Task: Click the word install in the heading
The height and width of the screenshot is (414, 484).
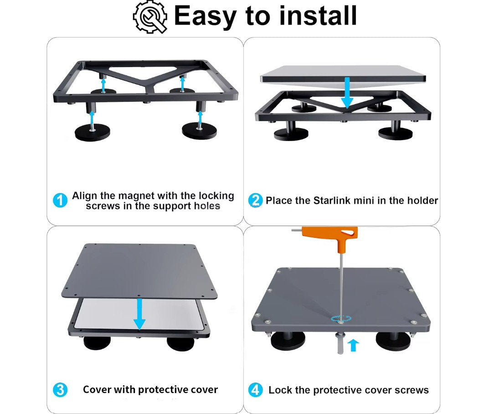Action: [x=318, y=16]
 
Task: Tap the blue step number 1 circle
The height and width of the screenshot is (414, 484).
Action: [x=60, y=201]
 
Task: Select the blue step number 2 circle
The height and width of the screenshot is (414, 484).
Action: [x=255, y=200]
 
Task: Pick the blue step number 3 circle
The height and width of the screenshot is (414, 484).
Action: [x=60, y=390]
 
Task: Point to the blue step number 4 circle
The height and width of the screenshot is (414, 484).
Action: [x=255, y=390]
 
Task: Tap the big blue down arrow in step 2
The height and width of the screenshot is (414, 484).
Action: [x=347, y=93]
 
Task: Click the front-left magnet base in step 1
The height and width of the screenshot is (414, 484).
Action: [x=92, y=133]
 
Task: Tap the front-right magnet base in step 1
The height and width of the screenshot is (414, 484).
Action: [x=199, y=131]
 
